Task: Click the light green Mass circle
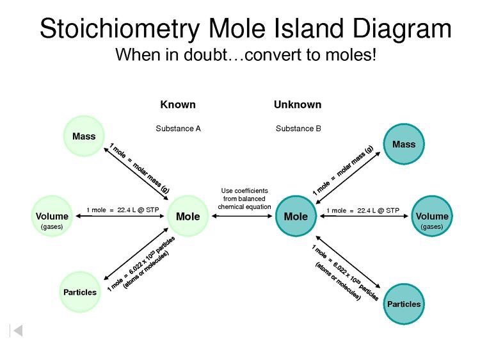coord(84,136)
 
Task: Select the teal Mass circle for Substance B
coord(404,144)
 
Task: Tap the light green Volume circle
coord(52,217)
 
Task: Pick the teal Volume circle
coord(432,217)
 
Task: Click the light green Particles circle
coord(80,292)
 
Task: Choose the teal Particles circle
coord(404,304)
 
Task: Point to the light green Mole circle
coord(188,217)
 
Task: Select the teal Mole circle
coord(296,217)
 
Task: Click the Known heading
coord(178,104)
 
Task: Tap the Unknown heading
coord(298,104)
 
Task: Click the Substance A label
coord(179,128)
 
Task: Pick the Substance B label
coord(298,128)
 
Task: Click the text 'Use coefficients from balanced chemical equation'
coord(244,199)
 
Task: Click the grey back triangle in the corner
coord(17,331)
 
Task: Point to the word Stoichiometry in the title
coord(120,29)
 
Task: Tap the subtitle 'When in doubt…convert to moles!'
coord(246,55)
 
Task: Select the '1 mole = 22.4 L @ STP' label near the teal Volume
coord(363,210)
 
